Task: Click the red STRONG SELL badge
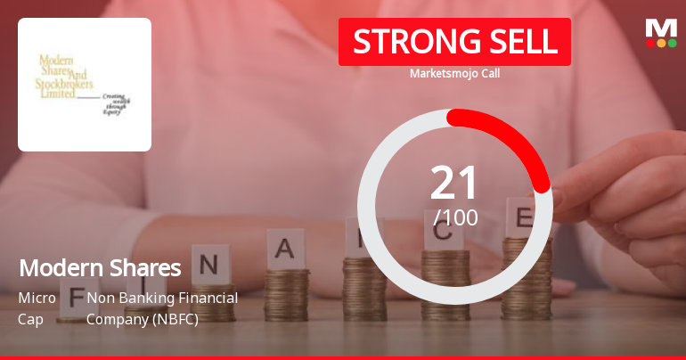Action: (x=454, y=41)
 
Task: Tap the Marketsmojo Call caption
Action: (x=454, y=73)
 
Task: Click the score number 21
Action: (x=454, y=183)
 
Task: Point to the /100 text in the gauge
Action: (x=455, y=217)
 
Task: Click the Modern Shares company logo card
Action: (x=85, y=85)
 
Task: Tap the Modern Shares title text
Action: (x=100, y=267)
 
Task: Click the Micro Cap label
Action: (x=37, y=307)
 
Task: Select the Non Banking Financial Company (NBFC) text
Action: (x=162, y=307)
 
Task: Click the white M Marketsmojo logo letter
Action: (x=661, y=28)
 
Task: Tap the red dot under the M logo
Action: (x=650, y=43)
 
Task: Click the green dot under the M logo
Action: (x=672, y=43)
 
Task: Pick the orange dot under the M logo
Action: (x=661, y=43)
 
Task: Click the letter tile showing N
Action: (x=209, y=264)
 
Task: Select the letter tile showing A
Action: (x=284, y=249)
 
